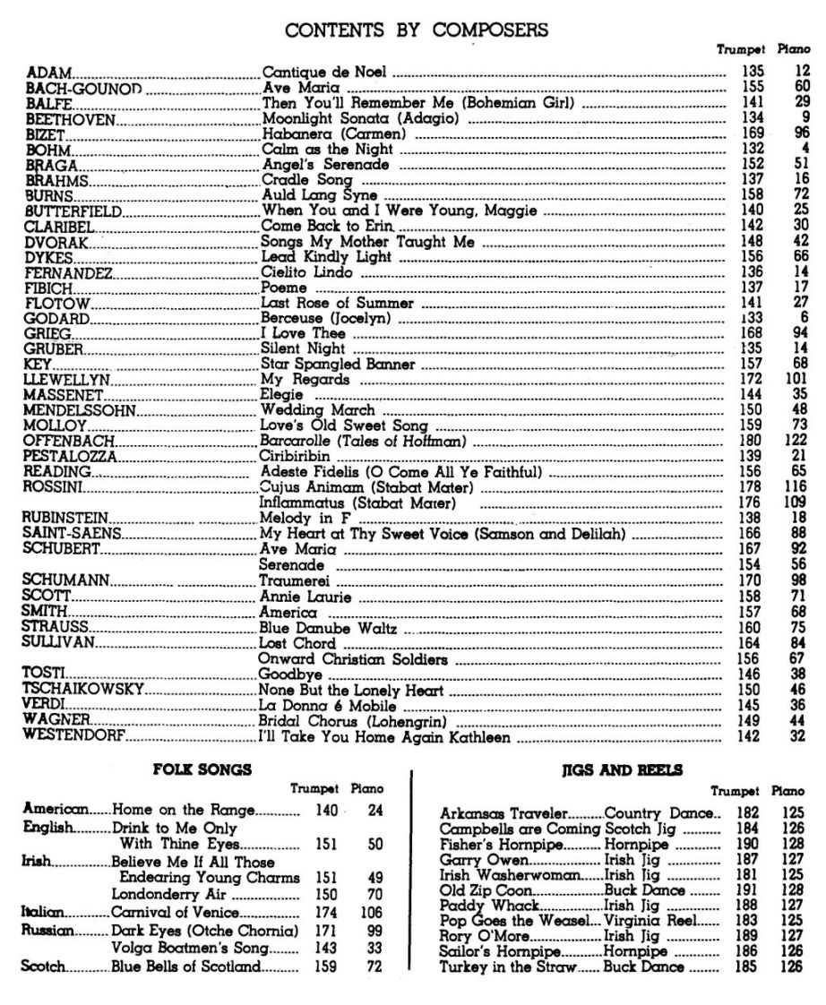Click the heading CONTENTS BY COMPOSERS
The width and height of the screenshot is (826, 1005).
pos(417,30)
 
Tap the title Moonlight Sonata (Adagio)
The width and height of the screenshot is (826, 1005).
pos(359,118)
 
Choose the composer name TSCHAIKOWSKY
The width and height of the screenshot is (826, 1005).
pos(84,691)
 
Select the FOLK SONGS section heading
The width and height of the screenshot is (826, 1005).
pos(202,769)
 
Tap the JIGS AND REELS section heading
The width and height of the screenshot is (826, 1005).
pos(622,769)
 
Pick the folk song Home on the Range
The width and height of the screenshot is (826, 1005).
pos(185,810)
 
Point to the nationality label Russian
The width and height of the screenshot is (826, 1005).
pos(47,930)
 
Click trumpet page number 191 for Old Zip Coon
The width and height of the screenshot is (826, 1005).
pos(746,890)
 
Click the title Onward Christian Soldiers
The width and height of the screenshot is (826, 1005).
pos(353,659)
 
